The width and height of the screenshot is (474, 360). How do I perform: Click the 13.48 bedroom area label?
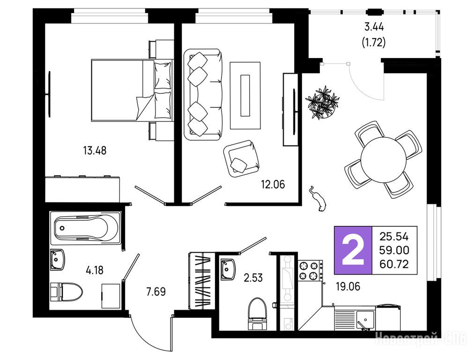pyautogui.click(x=95, y=150)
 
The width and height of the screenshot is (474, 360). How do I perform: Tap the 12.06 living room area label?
pyautogui.click(x=273, y=184)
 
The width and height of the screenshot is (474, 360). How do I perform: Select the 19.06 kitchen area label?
pyautogui.click(x=348, y=286)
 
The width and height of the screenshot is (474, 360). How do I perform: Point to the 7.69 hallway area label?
pyautogui.click(x=156, y=292)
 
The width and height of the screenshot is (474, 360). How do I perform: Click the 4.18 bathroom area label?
pyautogui.click(x=95, y=270)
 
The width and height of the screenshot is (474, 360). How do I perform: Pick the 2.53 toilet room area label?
pyautogui.click(x=253, y=277)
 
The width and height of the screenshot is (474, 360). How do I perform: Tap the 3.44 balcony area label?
pyautogui.click(x=374, y=27)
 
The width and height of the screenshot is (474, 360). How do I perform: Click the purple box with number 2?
pyautogui.click(x=353, y=250)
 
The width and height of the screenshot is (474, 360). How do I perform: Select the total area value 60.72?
pyautogui.click(x=394, y=264)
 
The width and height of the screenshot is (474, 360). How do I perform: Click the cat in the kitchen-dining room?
pyautogui.click(x=318, y=199)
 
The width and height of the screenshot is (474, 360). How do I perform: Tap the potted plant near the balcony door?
pyautogui.click(x=322, y=102)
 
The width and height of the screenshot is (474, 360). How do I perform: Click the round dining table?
pyautogui.click(x=383, y=160)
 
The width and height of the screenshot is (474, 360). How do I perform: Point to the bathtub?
pyautogui.click(x=86, y=227)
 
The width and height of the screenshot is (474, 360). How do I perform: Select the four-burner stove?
pyautogui.click(x=311, y=270)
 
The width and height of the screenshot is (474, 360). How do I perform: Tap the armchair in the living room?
pyautogui.click(x=241, y=159)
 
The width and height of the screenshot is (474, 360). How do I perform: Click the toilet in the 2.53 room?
pyautogui.click(x=258, y=314)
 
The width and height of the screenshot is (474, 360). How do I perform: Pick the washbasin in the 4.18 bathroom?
pyautogui.click(x=58, y=260)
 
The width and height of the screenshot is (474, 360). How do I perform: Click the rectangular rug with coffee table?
pyautogui.click(x=245, y=95)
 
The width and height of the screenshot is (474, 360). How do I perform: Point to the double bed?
pyautogui.click(x=132, y=90)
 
